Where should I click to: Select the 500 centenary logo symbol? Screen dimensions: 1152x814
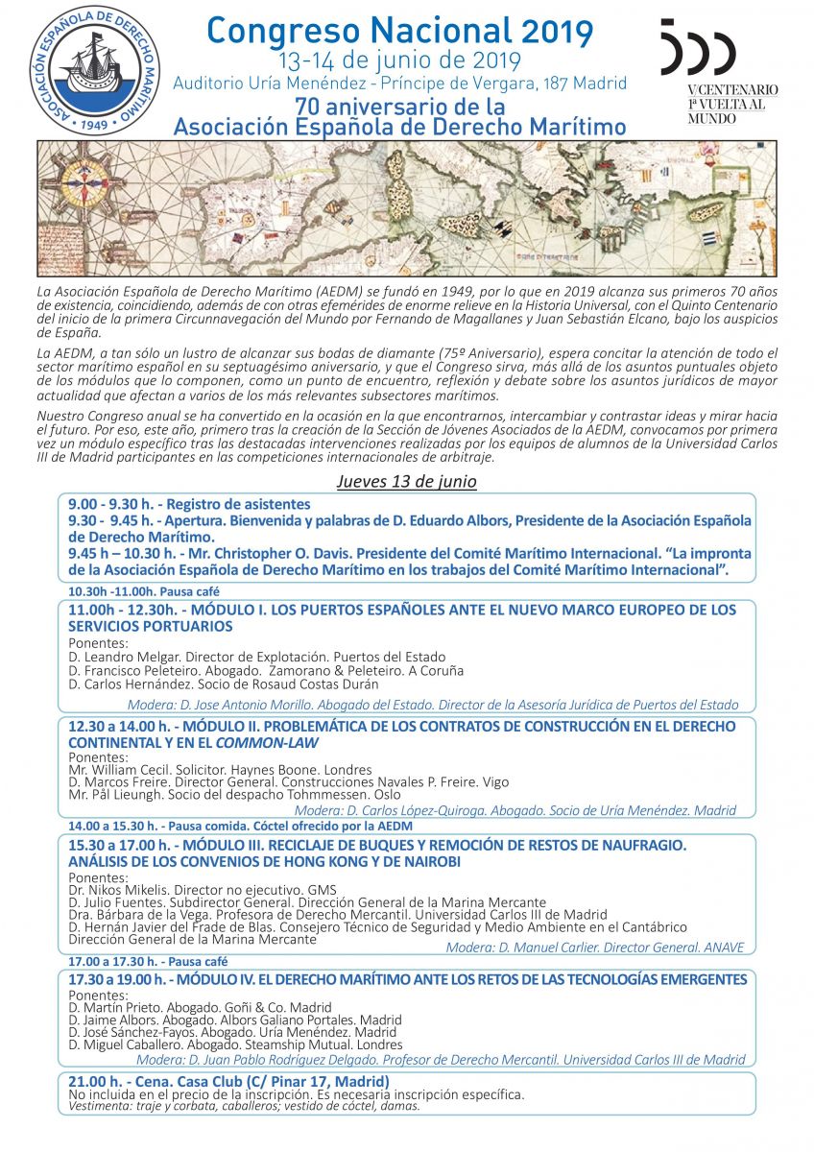point(697,48)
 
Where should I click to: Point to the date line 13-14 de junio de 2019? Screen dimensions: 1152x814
point(399,60)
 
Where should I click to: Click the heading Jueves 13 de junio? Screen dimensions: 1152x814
point(406,481)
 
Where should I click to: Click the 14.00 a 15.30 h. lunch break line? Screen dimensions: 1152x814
point(240,826)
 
